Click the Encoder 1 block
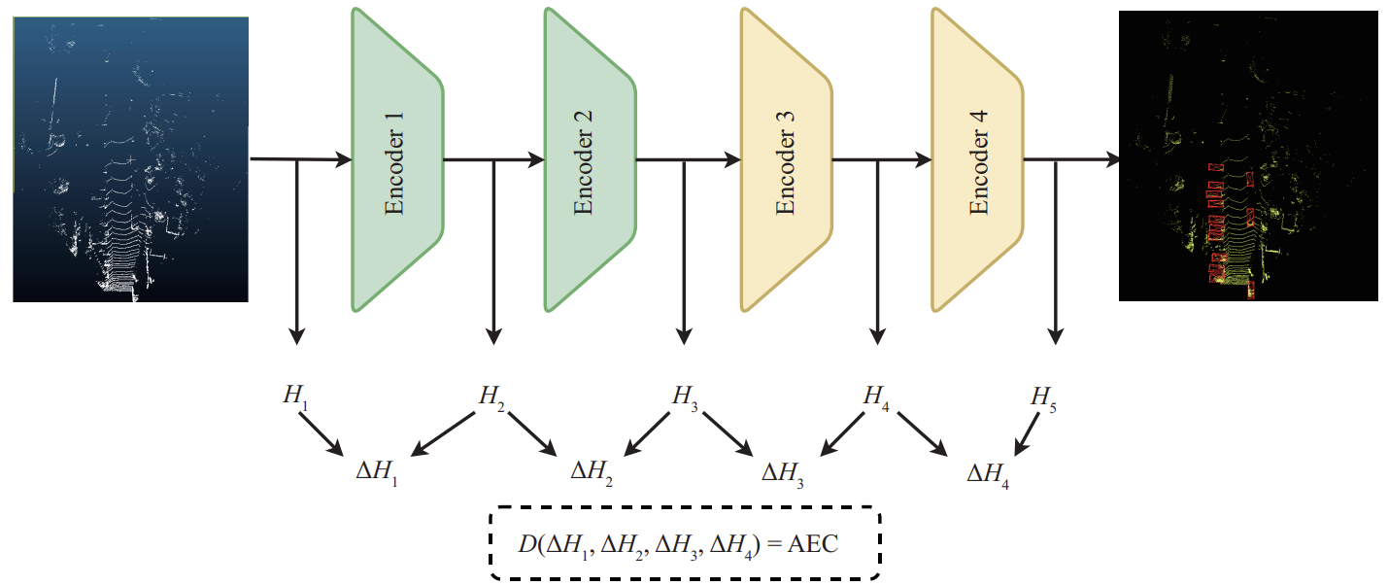coord(396,160)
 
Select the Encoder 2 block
coord(589,160)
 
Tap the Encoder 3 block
coord(786,160)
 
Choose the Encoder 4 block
coord(976,160)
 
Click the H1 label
coord(293,396)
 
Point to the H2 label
coord(491,396)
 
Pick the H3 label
coord(686,396)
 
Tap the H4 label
coord(877,396)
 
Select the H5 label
coord(1044,397)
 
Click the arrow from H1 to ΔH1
coord(322,433)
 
